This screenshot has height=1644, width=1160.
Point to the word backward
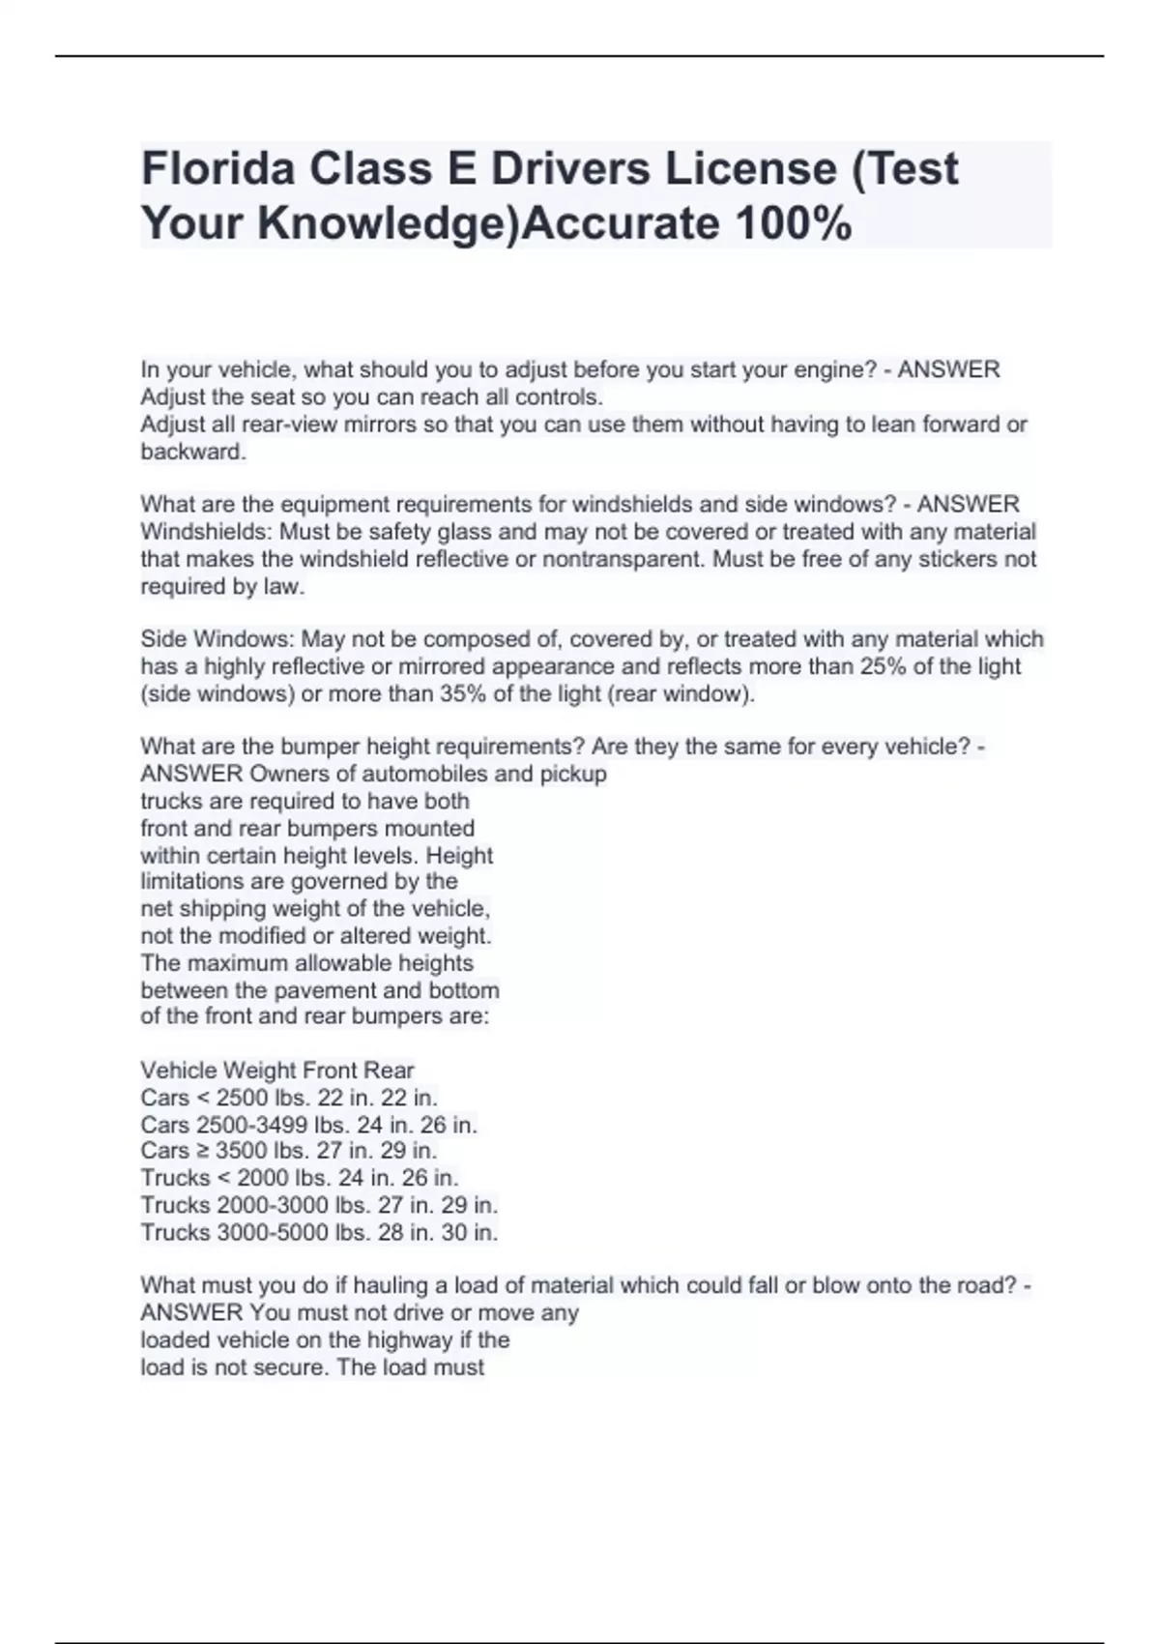(193, 452)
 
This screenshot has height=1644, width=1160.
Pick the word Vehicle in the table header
(179, 1071)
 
